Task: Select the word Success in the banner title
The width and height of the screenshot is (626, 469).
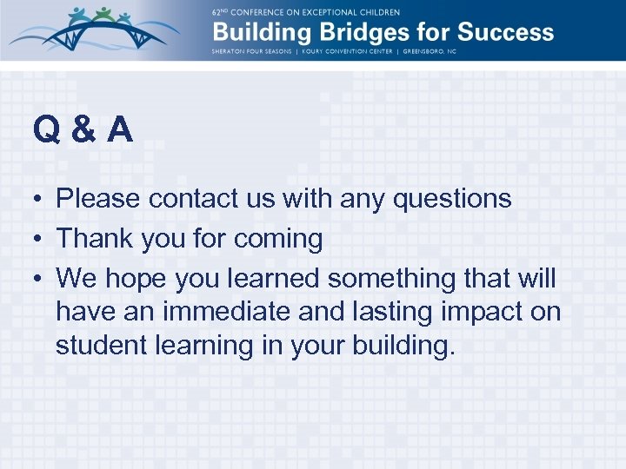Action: pyautogui.click(x=505, y=34)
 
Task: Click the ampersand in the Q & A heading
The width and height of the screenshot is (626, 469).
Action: pyautogui.click(x=84, y=130)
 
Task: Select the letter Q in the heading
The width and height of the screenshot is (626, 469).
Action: pyautogui.click(x=46, y=130)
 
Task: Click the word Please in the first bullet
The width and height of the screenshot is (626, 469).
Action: pyautogui.click(x=97, y=199)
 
